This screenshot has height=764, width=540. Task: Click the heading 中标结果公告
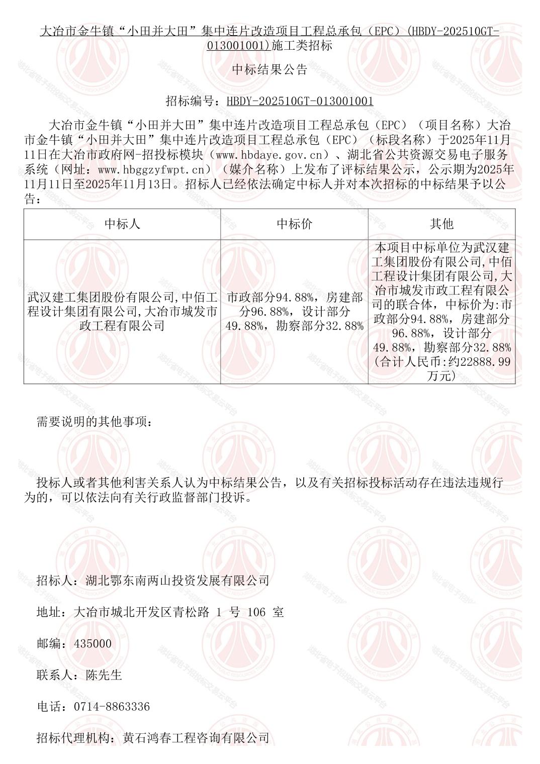(x=269, y=70)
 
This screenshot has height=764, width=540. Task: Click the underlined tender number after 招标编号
(x=300, y=101)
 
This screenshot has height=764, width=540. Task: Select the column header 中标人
(x=122, y=224)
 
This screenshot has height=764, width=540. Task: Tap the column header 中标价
(x=294, y=224)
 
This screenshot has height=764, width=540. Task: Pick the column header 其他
(x=441, y=224)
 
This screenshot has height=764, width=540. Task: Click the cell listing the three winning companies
(x=122, y=312)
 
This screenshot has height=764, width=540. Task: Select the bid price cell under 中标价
(x=294, y=312)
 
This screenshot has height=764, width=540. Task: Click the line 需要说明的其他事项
(x=94, y=422)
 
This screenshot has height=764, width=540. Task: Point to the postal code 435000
(x=93, y=643)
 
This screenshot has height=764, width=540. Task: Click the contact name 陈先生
(x=104, y=675)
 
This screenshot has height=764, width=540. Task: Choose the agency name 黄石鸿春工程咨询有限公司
(x=196, y=738)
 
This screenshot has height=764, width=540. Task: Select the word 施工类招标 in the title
(x=302, y=46)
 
